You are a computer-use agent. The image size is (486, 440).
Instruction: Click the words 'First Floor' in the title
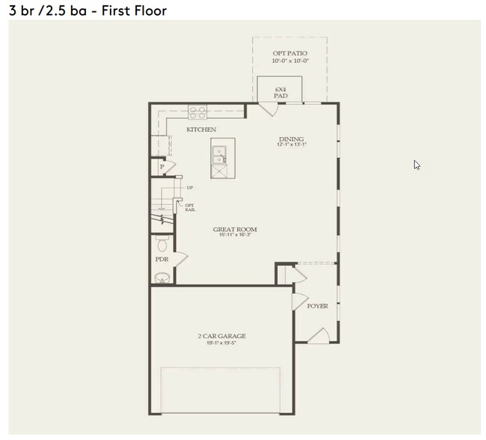coord(135,10)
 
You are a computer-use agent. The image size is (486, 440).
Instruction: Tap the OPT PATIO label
coord(289,52)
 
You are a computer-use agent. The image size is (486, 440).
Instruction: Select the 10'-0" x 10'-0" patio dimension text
coord(289,61)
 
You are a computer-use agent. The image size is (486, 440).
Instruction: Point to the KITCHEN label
coord(201,129)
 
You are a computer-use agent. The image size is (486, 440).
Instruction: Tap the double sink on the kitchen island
coord(219,155)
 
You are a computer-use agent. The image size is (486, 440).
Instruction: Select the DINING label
coord(292,138)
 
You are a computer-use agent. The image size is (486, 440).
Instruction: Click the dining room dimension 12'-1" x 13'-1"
coord(292,145)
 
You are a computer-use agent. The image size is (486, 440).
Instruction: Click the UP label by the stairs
coord(190,187)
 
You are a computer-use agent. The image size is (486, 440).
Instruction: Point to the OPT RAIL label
coord(190,207)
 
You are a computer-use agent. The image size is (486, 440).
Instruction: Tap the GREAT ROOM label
coord(235,230)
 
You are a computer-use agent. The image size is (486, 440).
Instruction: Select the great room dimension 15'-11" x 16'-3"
coord(235,236)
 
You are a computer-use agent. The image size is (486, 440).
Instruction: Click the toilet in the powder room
coord(162,245)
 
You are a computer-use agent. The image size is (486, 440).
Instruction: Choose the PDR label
coord(161,260)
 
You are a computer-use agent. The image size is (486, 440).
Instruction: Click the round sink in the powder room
coord(162,278)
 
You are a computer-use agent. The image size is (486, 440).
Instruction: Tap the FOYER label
coord(318,306)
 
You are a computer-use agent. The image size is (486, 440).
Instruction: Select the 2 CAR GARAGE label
coord(221,336)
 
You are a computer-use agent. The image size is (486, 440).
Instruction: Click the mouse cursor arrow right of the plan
coord(416,165)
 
